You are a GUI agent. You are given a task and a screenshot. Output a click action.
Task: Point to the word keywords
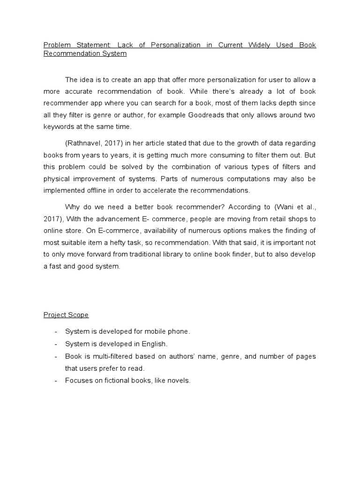60,126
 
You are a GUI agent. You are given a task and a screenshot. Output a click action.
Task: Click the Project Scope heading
66,315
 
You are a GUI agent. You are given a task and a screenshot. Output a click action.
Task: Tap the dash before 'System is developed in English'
56,344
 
